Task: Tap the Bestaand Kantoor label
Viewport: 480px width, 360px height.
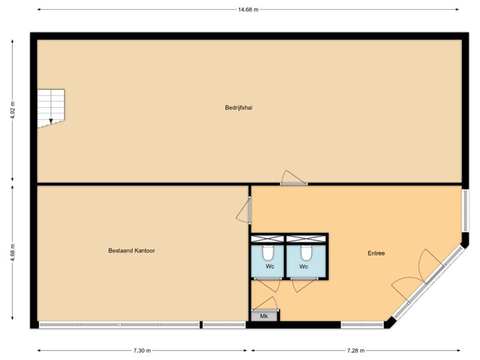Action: (131, 251)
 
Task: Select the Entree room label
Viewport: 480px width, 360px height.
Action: (376, 253)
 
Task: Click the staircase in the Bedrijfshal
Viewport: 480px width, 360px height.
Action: (51, 107)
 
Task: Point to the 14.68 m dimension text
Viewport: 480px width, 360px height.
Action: (248, 9)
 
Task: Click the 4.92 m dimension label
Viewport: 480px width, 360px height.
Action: (13, 110)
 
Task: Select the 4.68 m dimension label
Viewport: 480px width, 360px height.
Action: (13, 253)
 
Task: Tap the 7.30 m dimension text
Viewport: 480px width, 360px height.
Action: (142, 350)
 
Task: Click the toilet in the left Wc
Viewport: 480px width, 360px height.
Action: (268, 253)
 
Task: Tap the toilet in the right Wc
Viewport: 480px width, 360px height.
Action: (306, 253)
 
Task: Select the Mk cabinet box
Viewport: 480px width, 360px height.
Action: (265, 316)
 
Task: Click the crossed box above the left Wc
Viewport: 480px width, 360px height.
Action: (267, 239)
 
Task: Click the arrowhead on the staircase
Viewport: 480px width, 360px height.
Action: (51, 121)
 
